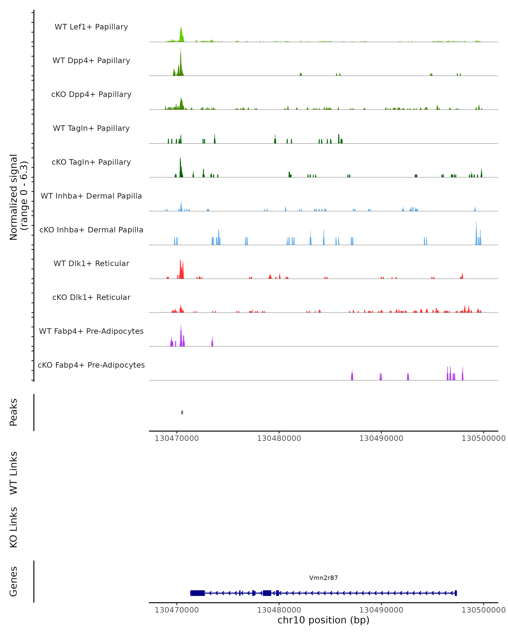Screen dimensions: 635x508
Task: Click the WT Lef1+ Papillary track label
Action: [91, 27]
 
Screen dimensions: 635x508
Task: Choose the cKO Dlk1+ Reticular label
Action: [91, 297]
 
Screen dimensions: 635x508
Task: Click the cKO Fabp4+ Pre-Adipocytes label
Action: [91, 365]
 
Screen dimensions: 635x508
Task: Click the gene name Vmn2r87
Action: [323, 578]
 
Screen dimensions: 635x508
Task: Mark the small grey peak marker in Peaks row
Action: [182, 412]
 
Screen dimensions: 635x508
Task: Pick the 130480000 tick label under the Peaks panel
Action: [279, 439]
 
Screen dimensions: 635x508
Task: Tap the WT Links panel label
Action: [14, 473]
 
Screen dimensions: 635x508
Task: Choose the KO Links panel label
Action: [14, 527]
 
